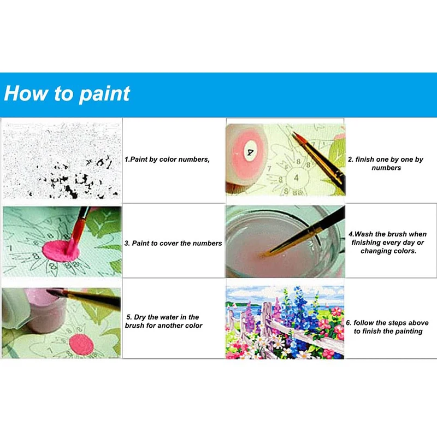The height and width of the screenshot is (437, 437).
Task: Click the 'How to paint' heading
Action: (x=67, y=93)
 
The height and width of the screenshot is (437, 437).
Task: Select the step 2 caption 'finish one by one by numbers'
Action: (x=386, y=163)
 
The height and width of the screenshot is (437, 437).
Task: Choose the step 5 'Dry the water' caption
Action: (x=164, y=321)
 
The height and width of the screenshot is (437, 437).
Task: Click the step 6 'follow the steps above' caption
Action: (x=387, y=327)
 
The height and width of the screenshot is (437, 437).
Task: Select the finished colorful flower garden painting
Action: (x=285, y=322)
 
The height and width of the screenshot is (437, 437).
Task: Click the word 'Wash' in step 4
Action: (x=365, y=234)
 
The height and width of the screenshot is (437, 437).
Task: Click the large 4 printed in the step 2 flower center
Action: (x=296, y=178)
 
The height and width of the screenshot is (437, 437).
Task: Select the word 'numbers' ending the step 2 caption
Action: (x=386, y=168)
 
